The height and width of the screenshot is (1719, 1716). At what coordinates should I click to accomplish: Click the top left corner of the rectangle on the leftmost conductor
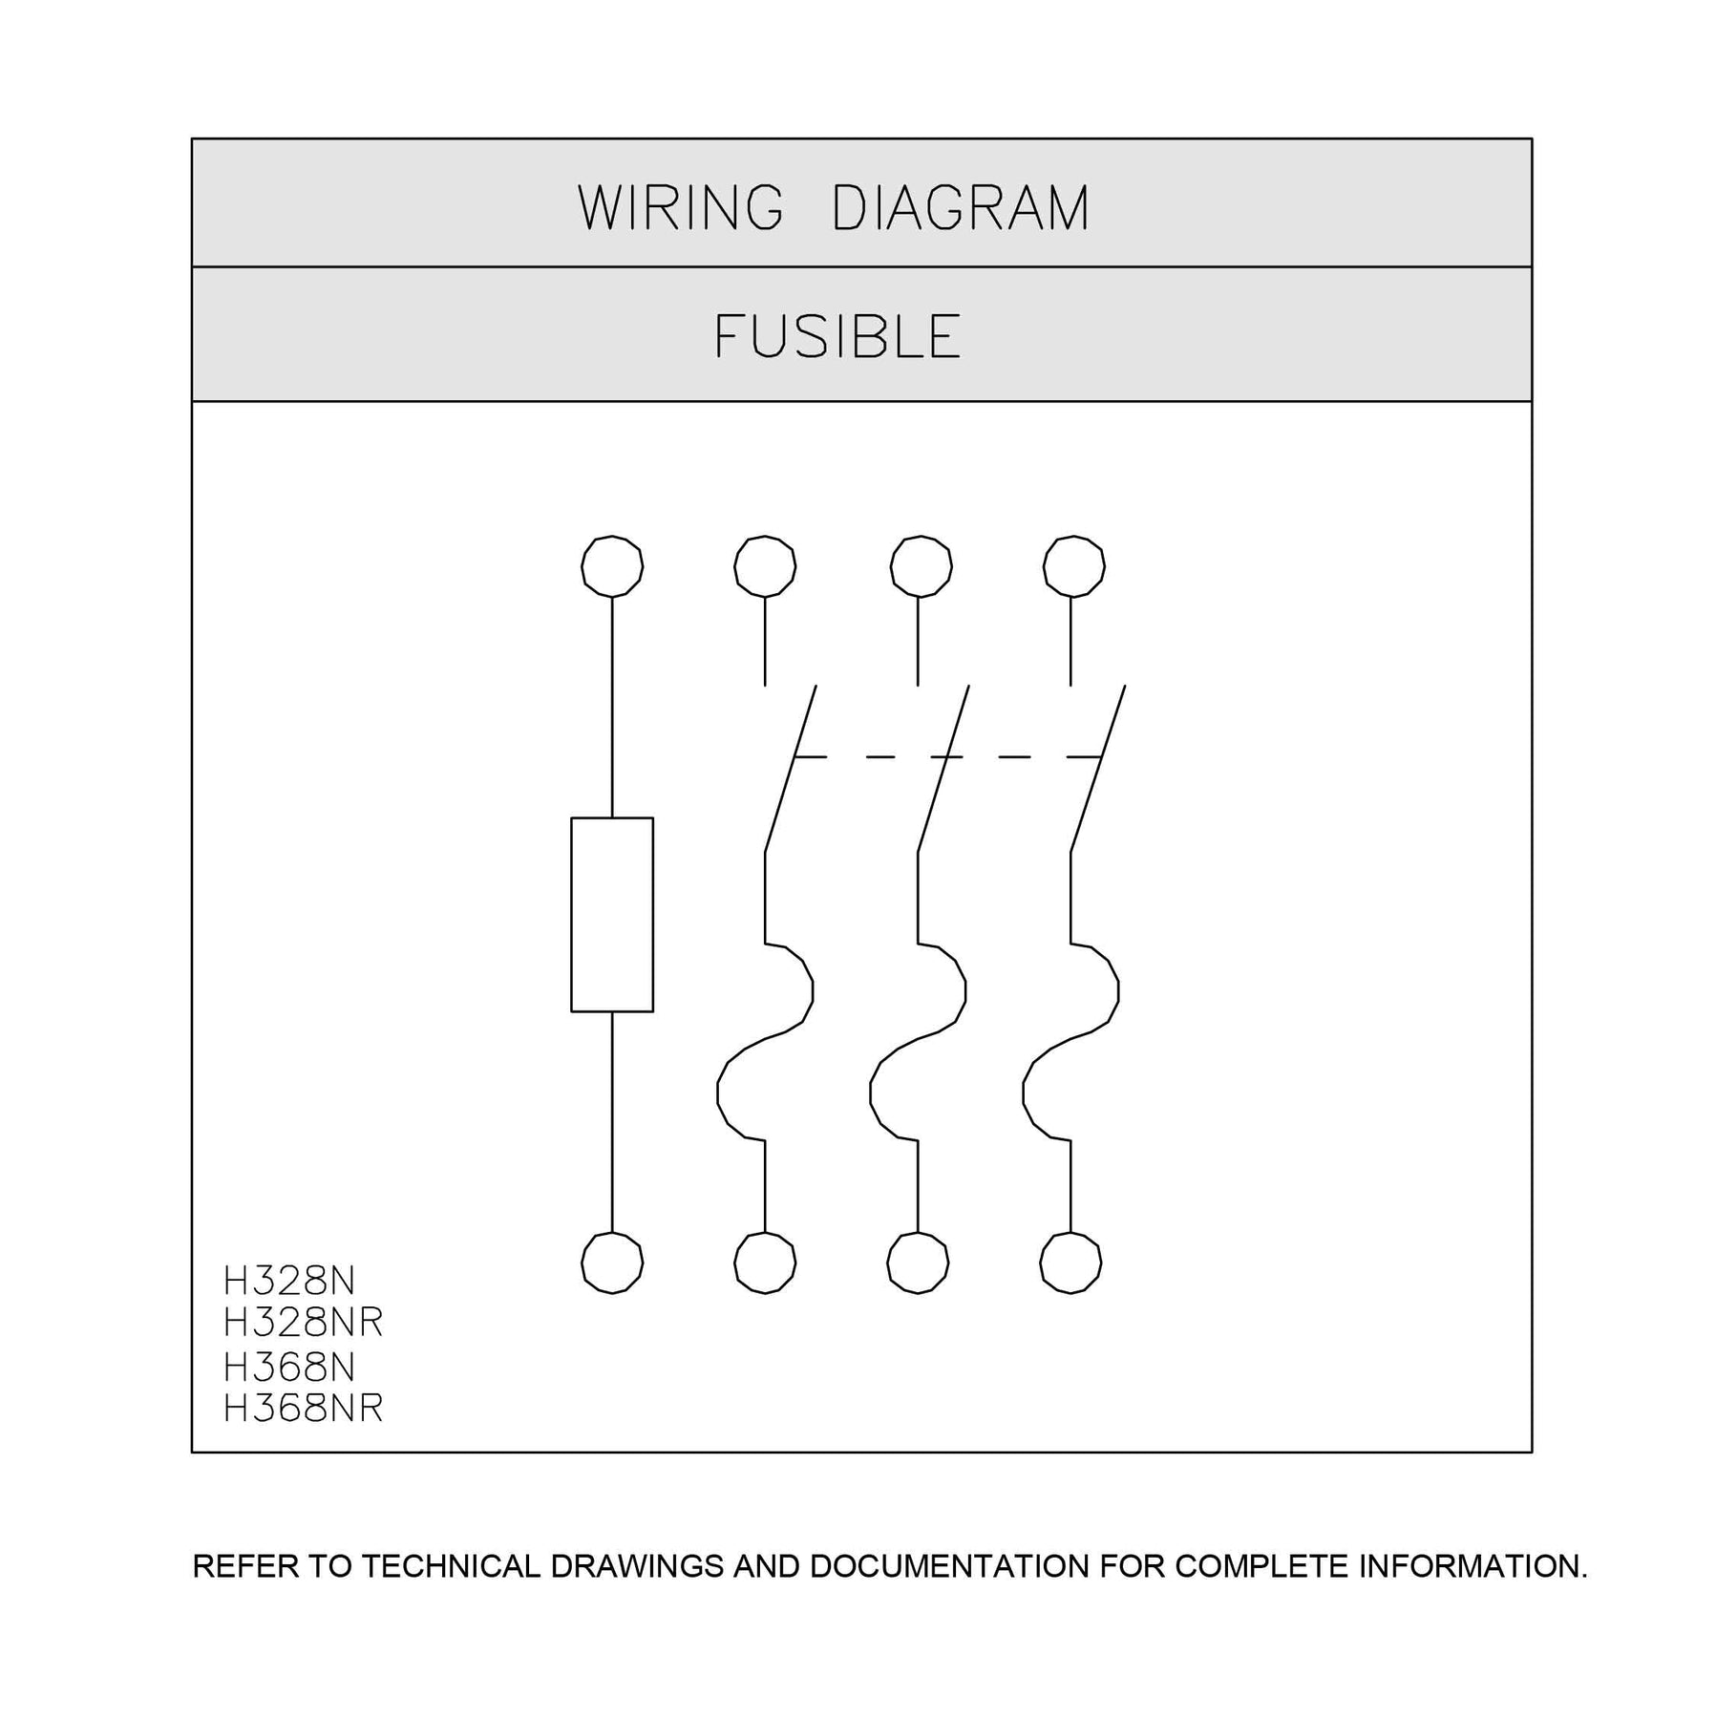(x=571, y=817)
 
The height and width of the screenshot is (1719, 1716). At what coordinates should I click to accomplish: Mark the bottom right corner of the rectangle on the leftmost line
(x=653, y=1011)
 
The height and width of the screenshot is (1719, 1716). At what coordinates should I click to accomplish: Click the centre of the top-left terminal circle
(x=612, y=566)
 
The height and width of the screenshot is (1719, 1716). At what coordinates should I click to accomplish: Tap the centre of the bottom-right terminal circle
(x=1070, y=1263)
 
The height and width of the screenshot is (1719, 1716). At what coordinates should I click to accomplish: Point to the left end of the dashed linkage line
(x=794, y=757)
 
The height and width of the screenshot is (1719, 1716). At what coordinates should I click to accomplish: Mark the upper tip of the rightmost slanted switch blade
(x=1125, y=685)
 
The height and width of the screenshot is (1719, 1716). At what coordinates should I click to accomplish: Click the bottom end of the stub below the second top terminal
(x=765, y=686)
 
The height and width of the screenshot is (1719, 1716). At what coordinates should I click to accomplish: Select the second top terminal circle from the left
(x=765, y=566)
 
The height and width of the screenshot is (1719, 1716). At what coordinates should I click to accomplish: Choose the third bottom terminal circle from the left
(x=918, y=1263)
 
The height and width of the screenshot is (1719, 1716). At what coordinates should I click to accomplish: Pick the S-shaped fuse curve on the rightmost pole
(x=1070, y=1042)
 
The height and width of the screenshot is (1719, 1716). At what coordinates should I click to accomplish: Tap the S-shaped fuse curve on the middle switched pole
(x=918, y=1042)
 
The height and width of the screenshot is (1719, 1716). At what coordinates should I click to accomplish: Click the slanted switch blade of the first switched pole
(x=791, y=768)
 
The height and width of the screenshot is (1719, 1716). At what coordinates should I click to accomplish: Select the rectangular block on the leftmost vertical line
(x=612, y=914)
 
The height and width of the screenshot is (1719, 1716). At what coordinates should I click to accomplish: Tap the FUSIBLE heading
(x=837, y=336)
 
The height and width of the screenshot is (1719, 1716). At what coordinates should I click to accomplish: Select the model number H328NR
(x=303, y=1322)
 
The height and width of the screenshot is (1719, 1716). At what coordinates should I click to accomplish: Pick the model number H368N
(x=288, y=1368)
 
